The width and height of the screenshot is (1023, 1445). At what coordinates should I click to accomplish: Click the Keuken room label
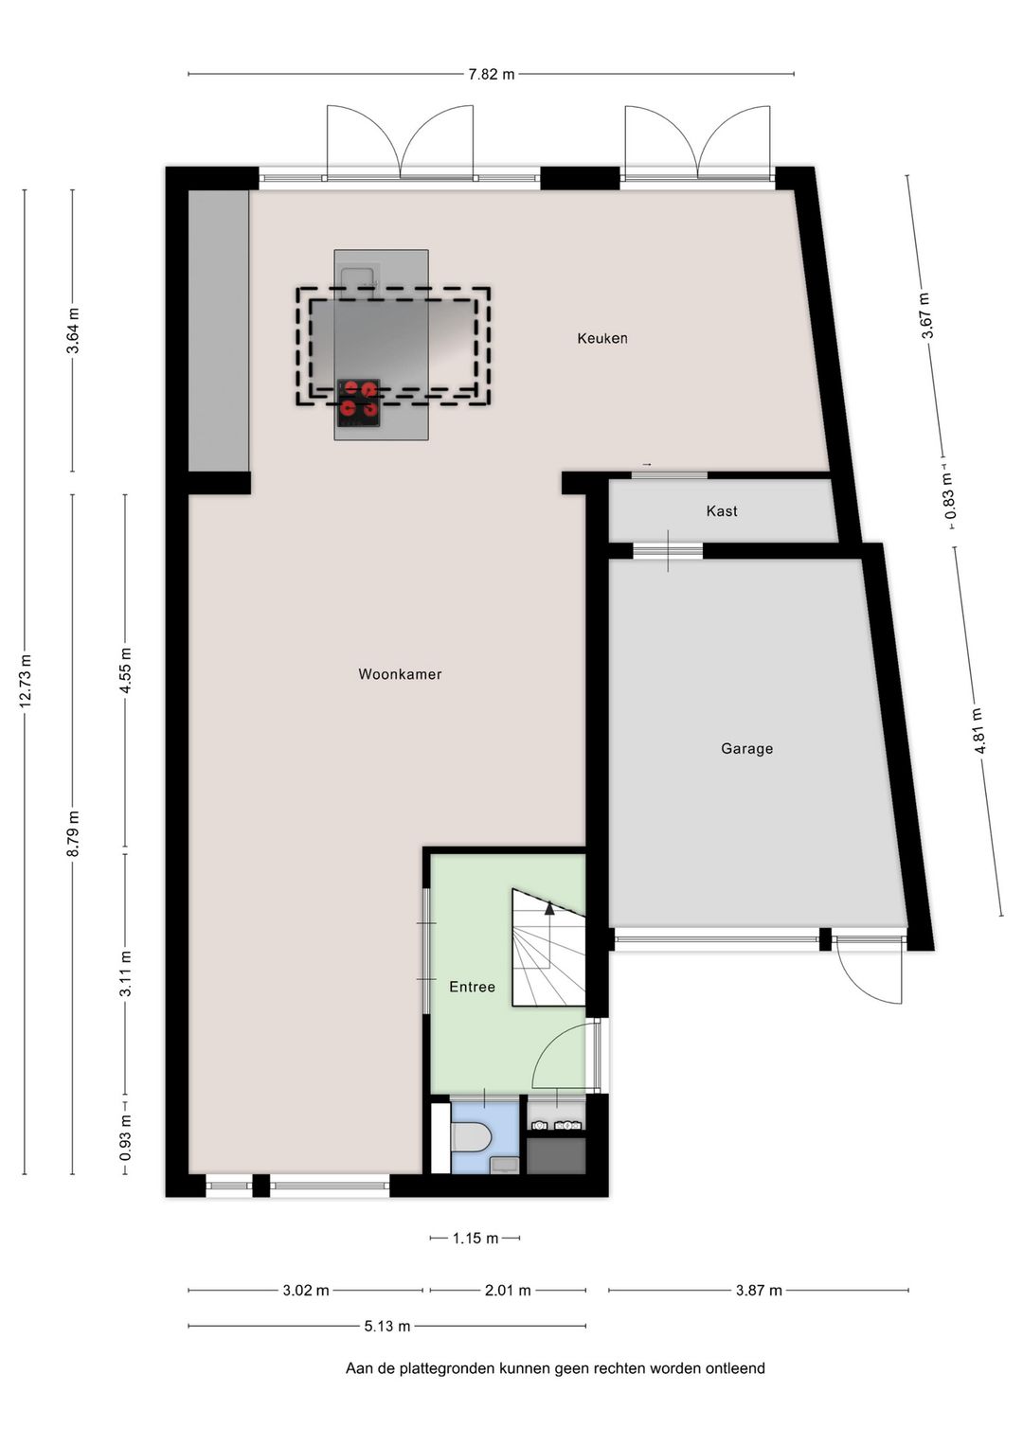tap(602, 338)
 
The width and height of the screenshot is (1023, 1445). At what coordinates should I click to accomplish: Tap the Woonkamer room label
tap(400, 674)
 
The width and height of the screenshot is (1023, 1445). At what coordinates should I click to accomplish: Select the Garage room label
tap(746, 748)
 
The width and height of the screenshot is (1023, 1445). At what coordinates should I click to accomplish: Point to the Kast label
tap(722, 511)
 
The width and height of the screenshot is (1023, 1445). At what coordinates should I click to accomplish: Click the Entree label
tap(472, 987)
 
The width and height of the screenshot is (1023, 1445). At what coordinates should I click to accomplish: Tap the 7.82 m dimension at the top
tap(491, 74)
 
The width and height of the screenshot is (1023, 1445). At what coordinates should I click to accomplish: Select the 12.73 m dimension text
tap(26, 680)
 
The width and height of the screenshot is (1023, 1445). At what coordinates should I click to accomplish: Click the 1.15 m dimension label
tap(475, 1238)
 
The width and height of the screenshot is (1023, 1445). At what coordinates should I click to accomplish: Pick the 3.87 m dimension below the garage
tap(759, 1290)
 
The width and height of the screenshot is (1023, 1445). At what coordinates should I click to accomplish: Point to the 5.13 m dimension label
tap(387, 1326)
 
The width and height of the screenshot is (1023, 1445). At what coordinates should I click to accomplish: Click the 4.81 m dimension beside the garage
tap(978, 731)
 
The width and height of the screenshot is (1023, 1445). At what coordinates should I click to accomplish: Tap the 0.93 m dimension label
tap(125, 1137)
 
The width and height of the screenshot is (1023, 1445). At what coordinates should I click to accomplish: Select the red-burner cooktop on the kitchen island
tap(358, 399)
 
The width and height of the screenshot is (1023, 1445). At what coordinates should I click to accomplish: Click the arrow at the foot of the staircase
tap(548, 907)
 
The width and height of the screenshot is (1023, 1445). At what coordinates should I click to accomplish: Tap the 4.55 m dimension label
tap(125, 670)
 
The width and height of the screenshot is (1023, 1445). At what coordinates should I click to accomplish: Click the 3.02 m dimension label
tap(306, 1290)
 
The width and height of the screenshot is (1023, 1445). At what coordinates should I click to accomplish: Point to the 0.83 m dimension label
tap(949, 496)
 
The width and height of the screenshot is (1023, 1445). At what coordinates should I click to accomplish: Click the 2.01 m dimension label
tap(508, 1290)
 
